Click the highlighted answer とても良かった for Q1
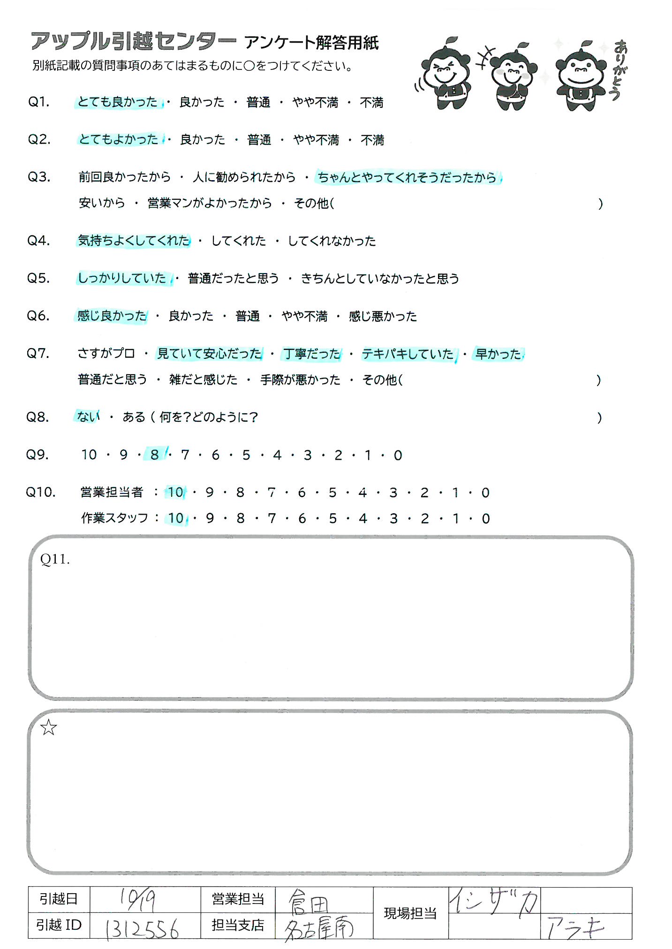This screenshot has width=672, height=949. pos(118,102)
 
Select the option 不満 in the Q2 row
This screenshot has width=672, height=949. pos(372,140)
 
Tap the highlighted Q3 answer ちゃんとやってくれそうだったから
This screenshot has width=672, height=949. pos(407,177)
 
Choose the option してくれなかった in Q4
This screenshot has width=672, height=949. pos(332,241)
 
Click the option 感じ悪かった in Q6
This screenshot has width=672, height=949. pos(383,316)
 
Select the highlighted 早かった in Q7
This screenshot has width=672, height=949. pos(498,354)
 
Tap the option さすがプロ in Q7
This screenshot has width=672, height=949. pos(106,353)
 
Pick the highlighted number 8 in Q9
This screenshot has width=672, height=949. pos(155,455)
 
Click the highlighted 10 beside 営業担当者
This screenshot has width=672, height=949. pos(175,493)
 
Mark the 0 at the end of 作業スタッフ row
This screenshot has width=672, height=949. pos(486,518)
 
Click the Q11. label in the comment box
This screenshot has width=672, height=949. pos(55,559)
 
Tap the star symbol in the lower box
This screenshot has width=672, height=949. pos(49,728)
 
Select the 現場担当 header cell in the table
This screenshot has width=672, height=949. pos(410,913)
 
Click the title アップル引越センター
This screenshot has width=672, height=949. pos(134,42)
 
